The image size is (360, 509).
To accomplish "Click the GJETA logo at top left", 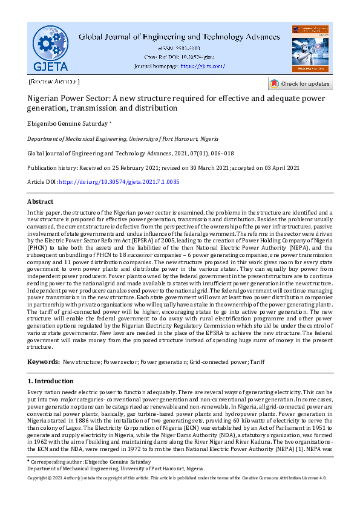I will (51, 48).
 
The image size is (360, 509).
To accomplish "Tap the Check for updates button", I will (300, 83).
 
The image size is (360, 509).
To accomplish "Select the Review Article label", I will (54, 81).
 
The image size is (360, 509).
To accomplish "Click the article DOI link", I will (120, 182).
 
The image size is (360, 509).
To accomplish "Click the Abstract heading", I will (40, 201).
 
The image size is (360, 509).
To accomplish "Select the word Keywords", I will (42, 361).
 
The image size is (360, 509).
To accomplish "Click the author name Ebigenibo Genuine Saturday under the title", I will (67, 123).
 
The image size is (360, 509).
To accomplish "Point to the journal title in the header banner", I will (180, 36).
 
